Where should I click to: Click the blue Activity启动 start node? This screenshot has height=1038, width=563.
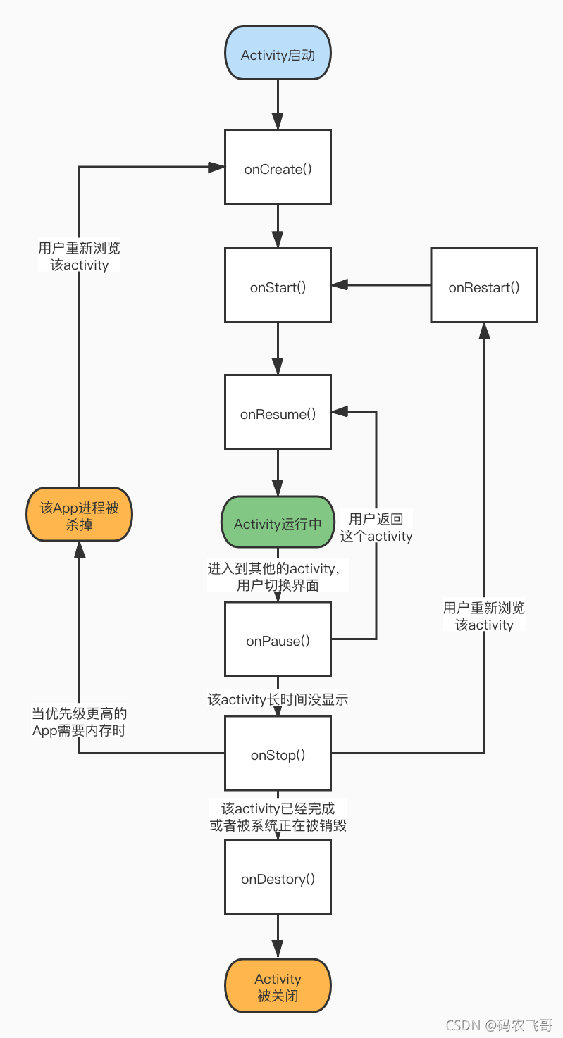pyautogui.click(x=278, y=54)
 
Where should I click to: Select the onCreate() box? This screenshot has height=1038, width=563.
pyautogui.click(x=278, y=167)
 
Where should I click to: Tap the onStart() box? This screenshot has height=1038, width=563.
pyautogui.click(x=278, y=285)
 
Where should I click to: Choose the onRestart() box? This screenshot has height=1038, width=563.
pyautogui.click(x=483, y=285)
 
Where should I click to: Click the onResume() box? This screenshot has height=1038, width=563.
pyautogui.click(x=278, y=412)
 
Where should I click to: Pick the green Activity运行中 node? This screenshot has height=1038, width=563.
pyautogui.click(x=278, y=523)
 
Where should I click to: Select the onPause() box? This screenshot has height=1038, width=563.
pyautogui.click(x=278, y=639)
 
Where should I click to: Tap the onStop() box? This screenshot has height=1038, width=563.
pyautogui.click(x=278, y=753)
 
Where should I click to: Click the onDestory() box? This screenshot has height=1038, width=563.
pyautogui.click(x=278, y=877)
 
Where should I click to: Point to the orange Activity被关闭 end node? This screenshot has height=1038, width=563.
pyautogui.click(x=278, y=986)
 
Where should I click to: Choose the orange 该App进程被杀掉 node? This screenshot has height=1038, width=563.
pyautogui.click(x=80, y=514)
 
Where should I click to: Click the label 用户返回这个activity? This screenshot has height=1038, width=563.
pyautogui.click(x=376, y=527)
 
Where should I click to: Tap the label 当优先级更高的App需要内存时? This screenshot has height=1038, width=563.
pyautogui.click(x=80, y=722)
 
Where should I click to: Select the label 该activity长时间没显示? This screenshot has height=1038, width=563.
pyautogui.click(x=278, y=699)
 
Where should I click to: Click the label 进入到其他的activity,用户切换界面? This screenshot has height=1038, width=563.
pyautogui.click(x=278, y=577)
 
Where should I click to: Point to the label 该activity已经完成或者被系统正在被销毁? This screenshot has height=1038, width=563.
pyautogui.click(x=278, y=816)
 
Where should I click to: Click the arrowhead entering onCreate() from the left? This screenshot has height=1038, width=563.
pyautogui.click(x=216, y=167)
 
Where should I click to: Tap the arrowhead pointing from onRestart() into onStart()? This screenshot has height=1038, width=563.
pyautogui.click(x=340, y=285)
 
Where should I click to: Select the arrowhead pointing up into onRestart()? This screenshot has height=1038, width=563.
pyautogui.click(x=484, y=331)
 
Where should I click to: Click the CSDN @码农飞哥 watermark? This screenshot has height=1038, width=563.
pyautogui.click(x=499, y=1025)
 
